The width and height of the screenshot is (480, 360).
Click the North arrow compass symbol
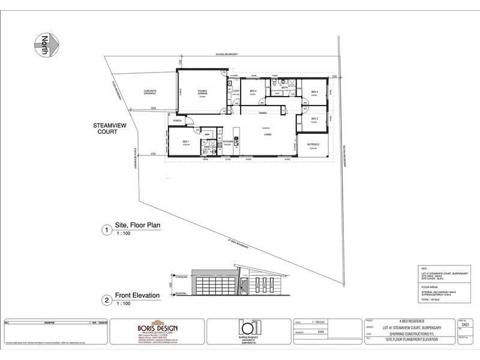(45, 46)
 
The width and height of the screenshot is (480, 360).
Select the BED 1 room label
(185, 142)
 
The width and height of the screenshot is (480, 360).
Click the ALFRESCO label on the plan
(313, 145)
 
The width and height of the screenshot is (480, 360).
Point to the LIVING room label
(268, 134)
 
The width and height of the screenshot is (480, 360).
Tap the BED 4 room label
(253, 91)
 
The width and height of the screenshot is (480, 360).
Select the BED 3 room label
(314, 92)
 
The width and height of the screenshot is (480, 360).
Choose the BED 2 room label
(314, 119)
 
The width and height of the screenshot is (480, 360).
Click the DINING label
(263, 113)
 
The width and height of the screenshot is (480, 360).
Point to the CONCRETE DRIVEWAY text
(150, 93)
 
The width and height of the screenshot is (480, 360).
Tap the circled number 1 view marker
(106, 229)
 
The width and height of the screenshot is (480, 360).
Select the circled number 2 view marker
(106, 298)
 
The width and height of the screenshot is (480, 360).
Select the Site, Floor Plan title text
(142, 226)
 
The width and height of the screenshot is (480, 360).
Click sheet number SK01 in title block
(464, 323)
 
